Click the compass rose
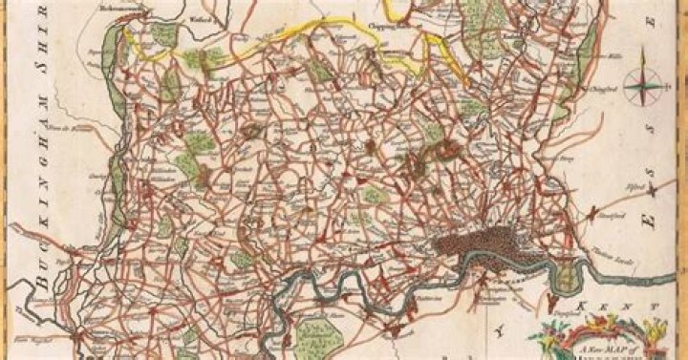[649, 89]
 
